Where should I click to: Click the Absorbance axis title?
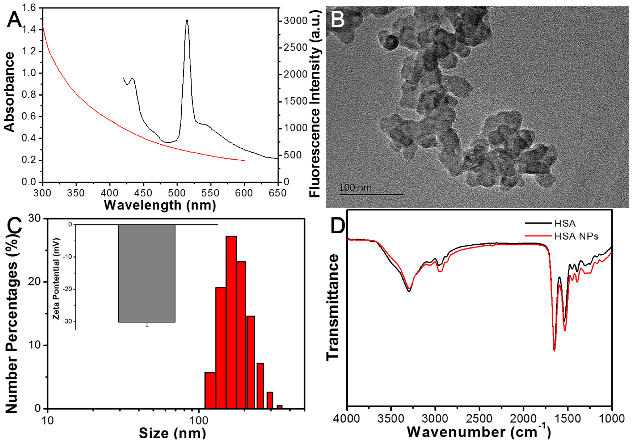(x=9, y=92)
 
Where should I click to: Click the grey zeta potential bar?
(x=147, y=273)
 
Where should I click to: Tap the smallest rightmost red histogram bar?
(x=279, y=407)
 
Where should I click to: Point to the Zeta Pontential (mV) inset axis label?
(x=57, y=278)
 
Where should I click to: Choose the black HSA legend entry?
(x=565, y=223)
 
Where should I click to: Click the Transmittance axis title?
(x=333, y=307)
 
